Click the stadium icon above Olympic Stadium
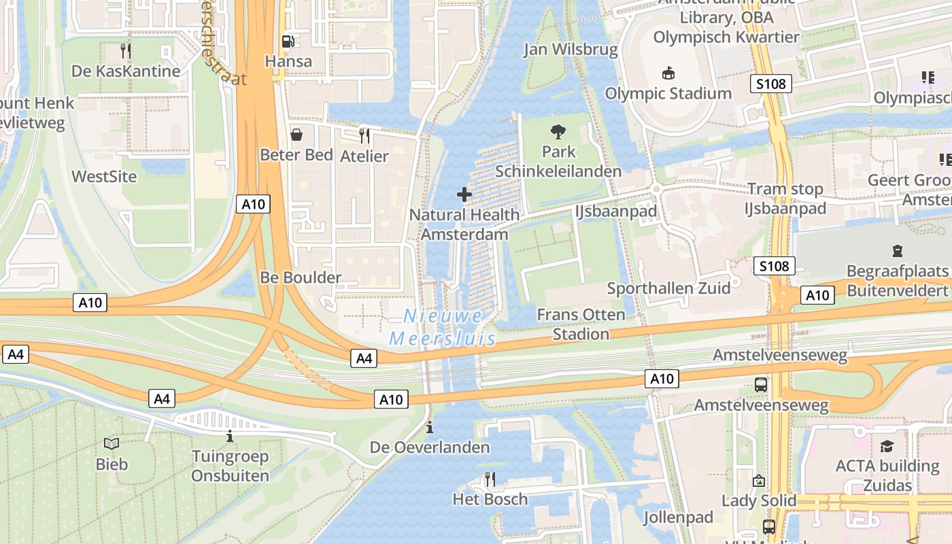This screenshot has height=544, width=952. tap(668, 73)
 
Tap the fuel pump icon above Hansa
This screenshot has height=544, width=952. tap(288, 41)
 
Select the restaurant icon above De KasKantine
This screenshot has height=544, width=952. tap(125, 50)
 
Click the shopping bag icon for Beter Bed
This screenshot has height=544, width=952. tap(296, 135)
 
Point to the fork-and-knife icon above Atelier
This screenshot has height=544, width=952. tap(364, 136)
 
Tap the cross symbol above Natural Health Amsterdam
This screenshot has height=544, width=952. tap(464, 195)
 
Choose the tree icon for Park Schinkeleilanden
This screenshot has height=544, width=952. tap(558, 131)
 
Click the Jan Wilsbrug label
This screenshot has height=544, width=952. tap(571, 50)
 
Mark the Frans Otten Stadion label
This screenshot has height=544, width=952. tap(581, 324)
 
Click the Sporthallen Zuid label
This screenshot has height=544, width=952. tap(668, 288)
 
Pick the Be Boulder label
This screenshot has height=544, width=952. tap(301, 277)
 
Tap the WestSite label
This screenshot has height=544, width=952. tap(104, 177)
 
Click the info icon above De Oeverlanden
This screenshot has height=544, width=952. tap(429, 428)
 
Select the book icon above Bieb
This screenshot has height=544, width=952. tap(112, 444)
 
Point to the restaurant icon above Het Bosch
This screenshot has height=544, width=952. tap(489, 479)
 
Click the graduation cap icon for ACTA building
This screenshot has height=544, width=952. tap(887, 446)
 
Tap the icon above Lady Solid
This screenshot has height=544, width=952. tap(758, 481)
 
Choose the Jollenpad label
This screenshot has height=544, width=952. tap(678, 517)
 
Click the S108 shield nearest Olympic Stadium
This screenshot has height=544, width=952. tap(771, 84)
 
